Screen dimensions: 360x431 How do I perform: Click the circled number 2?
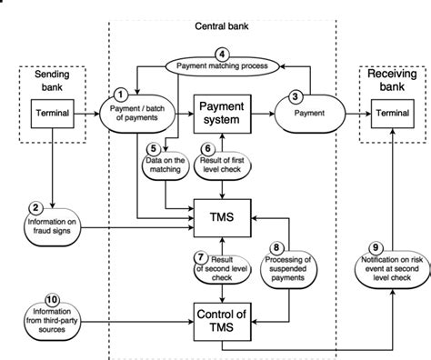(36, 207)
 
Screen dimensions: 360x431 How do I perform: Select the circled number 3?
(296, 95)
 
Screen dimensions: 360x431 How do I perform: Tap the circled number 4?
(219, 52)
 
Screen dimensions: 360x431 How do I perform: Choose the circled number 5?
(155, 149)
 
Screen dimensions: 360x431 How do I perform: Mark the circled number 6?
(207, 149)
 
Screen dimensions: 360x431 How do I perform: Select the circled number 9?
(375, 246)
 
